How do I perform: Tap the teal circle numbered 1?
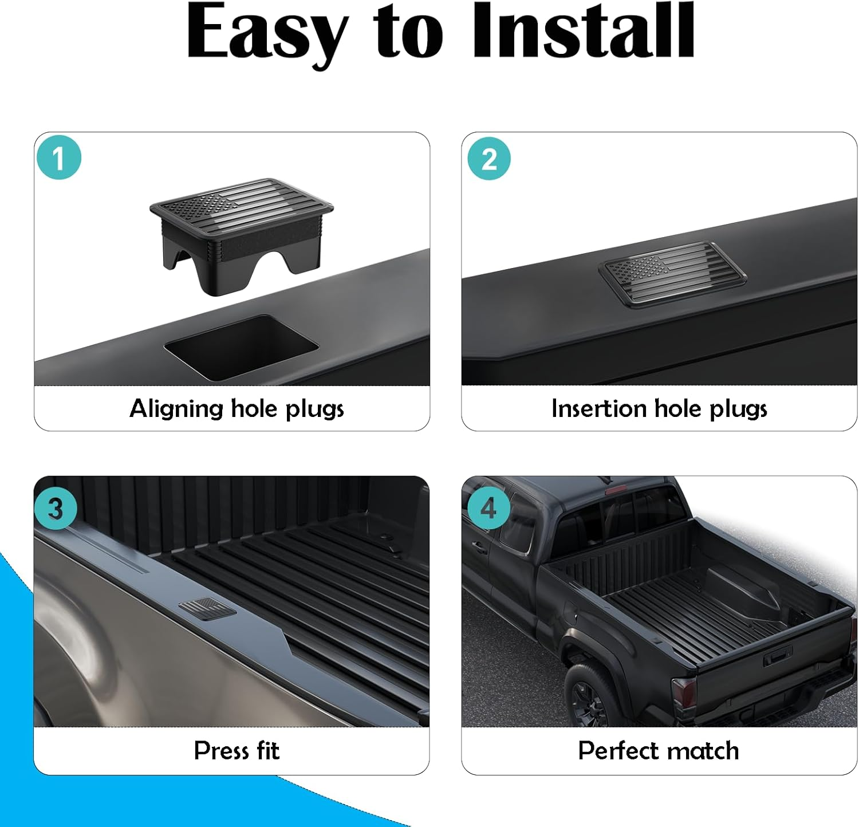pyautogui.click(x=59, y=157)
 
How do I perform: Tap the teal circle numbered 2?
pyautogui.click(x=488, y=159)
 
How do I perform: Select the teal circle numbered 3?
pyautogui.click(x=56, y=509)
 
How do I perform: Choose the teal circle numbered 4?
pyautogui.click(x=488, y=508)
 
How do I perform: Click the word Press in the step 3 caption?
pyautogui.click(x=220, y=750)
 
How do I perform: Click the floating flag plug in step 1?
pyautogui.click(x=242, y=235)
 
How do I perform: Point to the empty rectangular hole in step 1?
pyautogui.click(x=241, y=347)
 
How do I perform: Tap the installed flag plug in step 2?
pyautogui.click(x=673, y=274)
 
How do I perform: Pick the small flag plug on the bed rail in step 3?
pyautogui.click(x=207, y=608)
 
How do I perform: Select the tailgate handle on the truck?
pyautogui.click(x=777, y=655)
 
